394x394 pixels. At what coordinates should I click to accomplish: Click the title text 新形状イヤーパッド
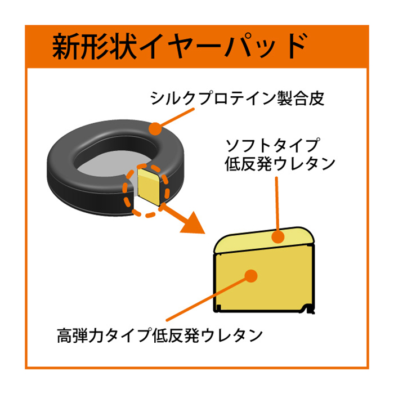pos(180,46)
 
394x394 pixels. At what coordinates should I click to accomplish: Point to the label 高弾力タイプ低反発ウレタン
pos(160,336)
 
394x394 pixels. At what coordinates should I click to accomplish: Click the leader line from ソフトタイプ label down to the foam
pos(276,203)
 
